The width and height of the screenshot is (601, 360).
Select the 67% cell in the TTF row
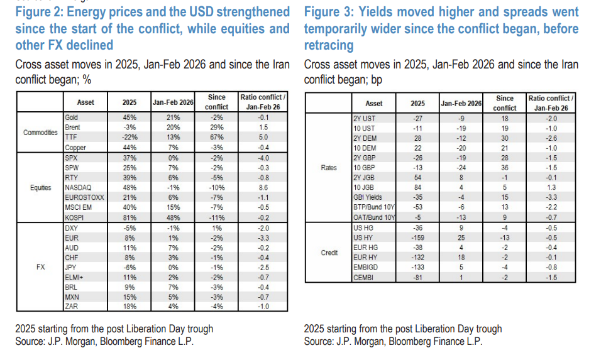click(x=216, y=137)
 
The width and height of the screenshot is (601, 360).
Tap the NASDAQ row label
click(x=79, y=187)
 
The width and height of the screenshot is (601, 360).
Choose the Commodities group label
click(x=40, y=133)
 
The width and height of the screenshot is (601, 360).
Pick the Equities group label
click(x=41, y=187)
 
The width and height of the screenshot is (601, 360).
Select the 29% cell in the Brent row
click(x=216, y=128)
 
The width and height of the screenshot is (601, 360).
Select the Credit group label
click(x=329, y=253)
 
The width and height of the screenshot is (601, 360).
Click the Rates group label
click(x=329, y=168)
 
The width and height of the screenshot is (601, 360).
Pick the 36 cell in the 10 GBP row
click(x=504, y=168)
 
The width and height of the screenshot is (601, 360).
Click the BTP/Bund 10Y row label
click(x=373, y=207)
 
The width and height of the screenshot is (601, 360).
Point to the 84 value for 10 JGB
click(x=417, y=187)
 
